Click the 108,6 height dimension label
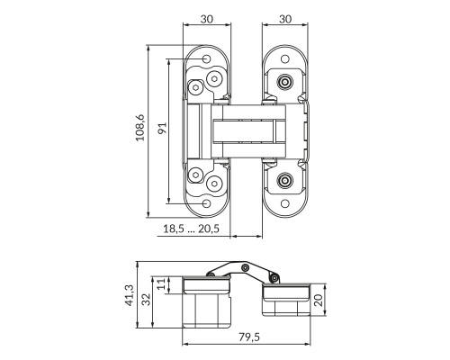click(x=140, y=128)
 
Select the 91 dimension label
click(x=162, y=129)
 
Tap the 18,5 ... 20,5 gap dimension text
click(x=191, y=229)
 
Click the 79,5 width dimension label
click(x=249, y=337)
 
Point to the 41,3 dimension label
click(x=130, y=295)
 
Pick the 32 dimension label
click(x=146, y=299)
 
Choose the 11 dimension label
click(x=161, y=283)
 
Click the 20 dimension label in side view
click(x=319, y=300)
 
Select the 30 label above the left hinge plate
click(x=207, y=19)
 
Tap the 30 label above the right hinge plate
click(x=285, y=19)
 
